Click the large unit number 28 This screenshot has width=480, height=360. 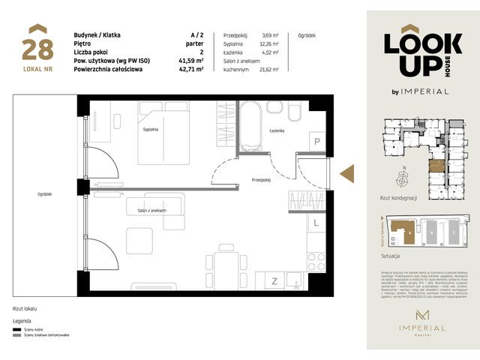pos(37,49)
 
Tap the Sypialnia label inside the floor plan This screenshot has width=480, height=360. pos(151,130)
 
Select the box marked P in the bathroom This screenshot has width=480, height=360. pos(316,142)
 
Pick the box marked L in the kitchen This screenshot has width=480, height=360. pos(316,223)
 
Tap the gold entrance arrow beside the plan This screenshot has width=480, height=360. pos(347,173)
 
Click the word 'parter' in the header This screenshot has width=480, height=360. pos(194,44)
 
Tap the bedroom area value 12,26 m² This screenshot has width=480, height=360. pos(268,43)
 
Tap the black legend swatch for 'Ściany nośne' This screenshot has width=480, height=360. pos(17,328)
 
